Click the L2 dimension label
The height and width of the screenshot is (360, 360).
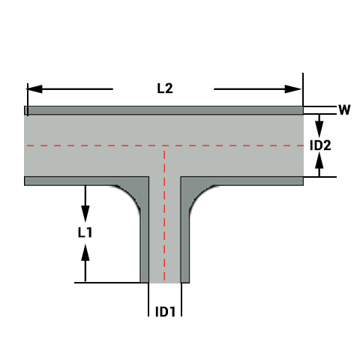click(x=165, y=88)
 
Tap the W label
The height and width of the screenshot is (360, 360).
click(x=344, y=110)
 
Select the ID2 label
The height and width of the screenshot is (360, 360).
click(x=321, y=145)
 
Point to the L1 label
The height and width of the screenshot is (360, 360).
click(x=85, y=232)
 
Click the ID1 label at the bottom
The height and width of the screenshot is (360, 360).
click(x=165, y=311)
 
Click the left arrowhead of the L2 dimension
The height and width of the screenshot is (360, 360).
click(x=34, y=88)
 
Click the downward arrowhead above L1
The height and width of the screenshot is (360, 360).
click(x=85, y=209)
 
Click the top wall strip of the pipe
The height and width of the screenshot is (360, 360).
click(x=164, y=110)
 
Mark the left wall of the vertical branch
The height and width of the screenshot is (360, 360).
click(x=145, y=240)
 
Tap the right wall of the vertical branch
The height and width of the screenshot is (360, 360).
click(x=184, y=240)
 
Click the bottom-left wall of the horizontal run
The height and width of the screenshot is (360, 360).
click(x=75, y=181)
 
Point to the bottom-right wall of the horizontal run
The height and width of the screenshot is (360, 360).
click(x=247, y=181)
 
